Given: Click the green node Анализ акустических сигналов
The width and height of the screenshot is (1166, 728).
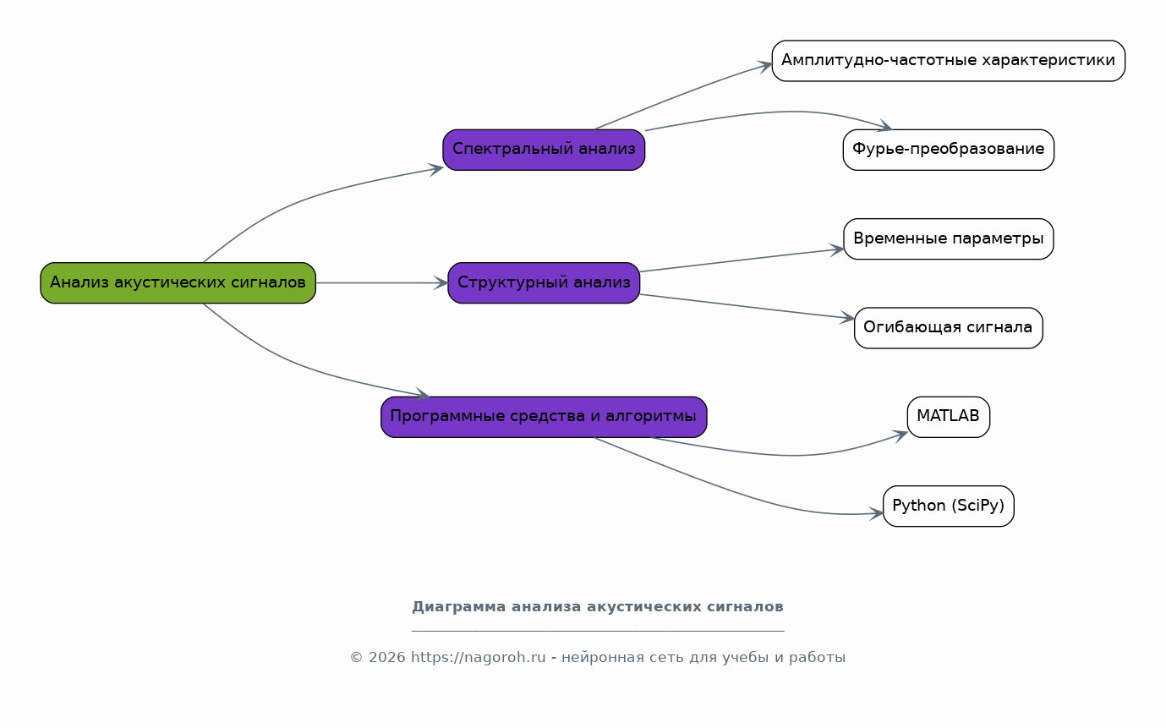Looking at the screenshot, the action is point(178,283).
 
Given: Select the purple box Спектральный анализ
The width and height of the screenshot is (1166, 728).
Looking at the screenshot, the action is point(544,150).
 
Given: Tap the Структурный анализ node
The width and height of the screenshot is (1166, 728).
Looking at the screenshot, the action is point(544,283).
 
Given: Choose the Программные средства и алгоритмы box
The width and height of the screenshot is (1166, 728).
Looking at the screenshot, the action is point(544,417).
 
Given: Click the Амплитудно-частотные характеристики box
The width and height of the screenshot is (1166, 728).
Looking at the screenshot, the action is point(949,61).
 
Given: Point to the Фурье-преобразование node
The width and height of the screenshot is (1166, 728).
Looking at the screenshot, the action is point(949,150).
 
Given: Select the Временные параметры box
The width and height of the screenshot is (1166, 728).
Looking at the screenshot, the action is point(949,238).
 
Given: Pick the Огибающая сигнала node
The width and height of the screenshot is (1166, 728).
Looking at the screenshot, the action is point(949,328).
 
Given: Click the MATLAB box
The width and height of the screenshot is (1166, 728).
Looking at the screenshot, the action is point(949,417).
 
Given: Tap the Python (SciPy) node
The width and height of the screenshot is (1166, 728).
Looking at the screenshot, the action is point(949,506).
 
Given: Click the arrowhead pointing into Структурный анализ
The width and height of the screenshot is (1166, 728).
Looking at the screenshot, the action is point(441,283).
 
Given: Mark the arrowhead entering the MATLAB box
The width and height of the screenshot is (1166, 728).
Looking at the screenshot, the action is point(900,435).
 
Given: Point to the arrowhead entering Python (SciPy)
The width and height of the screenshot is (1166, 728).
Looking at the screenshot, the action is point(876,513).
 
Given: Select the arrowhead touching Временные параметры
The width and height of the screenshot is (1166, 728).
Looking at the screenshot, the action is point(836,250).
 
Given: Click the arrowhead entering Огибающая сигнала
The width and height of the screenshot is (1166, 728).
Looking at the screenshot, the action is point(847,317).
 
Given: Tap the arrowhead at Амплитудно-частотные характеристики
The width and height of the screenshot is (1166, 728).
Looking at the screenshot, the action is point(764,67).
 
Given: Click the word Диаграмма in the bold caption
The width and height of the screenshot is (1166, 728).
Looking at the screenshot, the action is point(458,607).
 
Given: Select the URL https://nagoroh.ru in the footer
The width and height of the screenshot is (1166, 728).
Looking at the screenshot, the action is point(479,657).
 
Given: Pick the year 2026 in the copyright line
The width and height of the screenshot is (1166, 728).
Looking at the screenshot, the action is point(386,658).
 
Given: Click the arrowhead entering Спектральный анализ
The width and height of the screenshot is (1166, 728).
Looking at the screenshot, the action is point(436,169).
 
